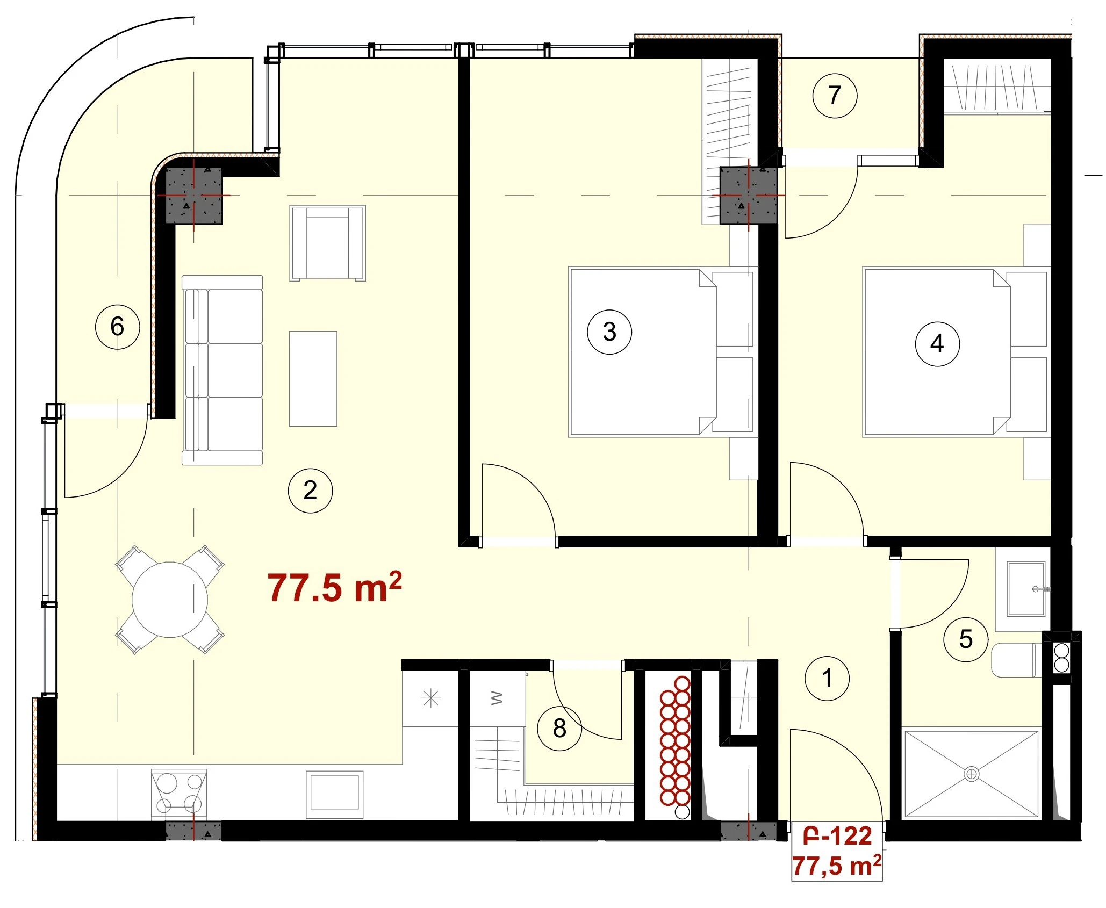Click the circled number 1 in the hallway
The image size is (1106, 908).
tap(827, 678)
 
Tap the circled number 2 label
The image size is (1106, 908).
tap(310, 490)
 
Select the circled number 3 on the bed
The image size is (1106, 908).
tap(609, 332)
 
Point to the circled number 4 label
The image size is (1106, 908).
tap(937, 344)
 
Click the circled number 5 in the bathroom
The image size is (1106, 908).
tap(966, 639)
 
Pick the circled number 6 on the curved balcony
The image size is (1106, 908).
tap(117, 327)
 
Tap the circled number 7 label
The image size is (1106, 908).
tap(835, 96)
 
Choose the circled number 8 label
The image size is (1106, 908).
tap(559, 728)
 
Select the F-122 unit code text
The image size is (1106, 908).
tap(837, 837)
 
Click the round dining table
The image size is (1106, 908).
tap(170, 600)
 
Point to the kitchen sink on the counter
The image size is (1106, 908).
tap(334, 794)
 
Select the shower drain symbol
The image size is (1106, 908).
tap(972, 774)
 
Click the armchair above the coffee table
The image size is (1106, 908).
tap(327, 243)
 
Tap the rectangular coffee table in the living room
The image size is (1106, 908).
tap(313, 379)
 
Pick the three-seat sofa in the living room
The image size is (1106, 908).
tap(222, 370)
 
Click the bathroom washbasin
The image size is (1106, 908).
tap(1026, 589)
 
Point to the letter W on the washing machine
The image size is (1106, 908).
tap(497, 698)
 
